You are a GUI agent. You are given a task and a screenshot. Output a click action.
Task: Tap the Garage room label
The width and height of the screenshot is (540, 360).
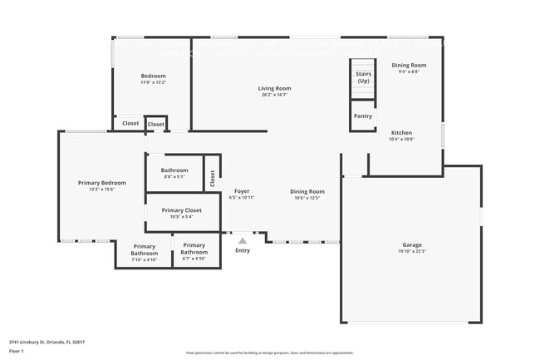coord(412,244)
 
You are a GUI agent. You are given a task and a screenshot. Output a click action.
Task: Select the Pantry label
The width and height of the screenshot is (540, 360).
coord(362,116)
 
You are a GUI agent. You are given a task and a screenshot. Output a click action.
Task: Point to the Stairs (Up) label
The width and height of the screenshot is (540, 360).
coord(363,77)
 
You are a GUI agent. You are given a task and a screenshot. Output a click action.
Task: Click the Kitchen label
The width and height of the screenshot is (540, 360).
coord(401,133)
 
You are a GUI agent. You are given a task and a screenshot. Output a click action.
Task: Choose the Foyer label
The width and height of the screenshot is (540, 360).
coord(242,191)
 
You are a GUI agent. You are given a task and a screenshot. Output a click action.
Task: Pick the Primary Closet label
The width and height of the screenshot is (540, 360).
coord(181,210)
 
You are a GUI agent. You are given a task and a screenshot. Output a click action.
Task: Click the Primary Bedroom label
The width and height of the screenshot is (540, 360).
coord(101,182)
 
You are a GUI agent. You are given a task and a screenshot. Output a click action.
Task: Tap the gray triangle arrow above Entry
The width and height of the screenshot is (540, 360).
coord(243,241)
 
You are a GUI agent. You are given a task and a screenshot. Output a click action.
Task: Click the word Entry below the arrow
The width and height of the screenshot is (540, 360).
coord(243,250)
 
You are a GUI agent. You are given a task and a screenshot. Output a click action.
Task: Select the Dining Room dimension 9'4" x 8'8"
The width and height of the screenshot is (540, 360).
coord(408,72)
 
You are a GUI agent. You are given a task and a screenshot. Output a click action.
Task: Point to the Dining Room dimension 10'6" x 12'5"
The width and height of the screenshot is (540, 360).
coord(307,198)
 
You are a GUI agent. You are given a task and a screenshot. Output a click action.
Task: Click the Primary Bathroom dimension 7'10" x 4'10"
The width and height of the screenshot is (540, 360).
coord(144,259)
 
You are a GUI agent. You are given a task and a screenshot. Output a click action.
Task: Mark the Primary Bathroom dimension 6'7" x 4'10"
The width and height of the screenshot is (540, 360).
coord(194,259)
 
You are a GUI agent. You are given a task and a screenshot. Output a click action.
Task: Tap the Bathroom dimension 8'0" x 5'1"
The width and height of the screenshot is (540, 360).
coord(174,176)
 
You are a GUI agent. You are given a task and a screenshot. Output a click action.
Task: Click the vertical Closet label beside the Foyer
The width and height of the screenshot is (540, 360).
coord(213,177)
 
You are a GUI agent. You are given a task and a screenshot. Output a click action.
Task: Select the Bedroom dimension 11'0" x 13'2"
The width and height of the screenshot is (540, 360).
coord(153,82)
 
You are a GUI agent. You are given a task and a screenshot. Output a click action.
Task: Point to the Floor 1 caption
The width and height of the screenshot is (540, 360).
coord(17,351)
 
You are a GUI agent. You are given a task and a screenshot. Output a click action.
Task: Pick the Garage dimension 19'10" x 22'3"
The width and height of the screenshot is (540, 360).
coord(412,251)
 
